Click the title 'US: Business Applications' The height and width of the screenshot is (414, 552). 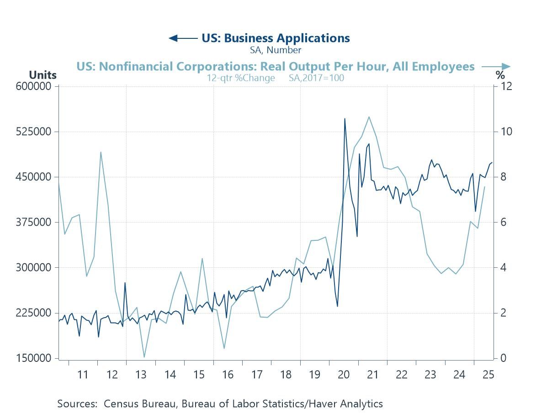tap(276, 38)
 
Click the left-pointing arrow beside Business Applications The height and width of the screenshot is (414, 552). tap(182, 38)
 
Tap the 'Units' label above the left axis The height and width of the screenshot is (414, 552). tap(42, 75)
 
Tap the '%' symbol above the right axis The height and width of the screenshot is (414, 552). tap(500, 75)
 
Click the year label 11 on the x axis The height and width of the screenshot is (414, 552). tap(83, 375)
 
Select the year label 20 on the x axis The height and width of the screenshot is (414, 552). tap(344, 375)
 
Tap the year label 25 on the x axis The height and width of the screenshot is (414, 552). tap(488, 375)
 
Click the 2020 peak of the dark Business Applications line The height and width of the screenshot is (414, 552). tap(345, 119)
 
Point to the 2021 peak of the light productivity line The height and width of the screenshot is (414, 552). tap(369, 117)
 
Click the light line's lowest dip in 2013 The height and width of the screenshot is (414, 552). tap(144, 357)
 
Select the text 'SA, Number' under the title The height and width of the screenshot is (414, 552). tap(276, 50)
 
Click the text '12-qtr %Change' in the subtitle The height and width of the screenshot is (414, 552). tap(244, 78)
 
